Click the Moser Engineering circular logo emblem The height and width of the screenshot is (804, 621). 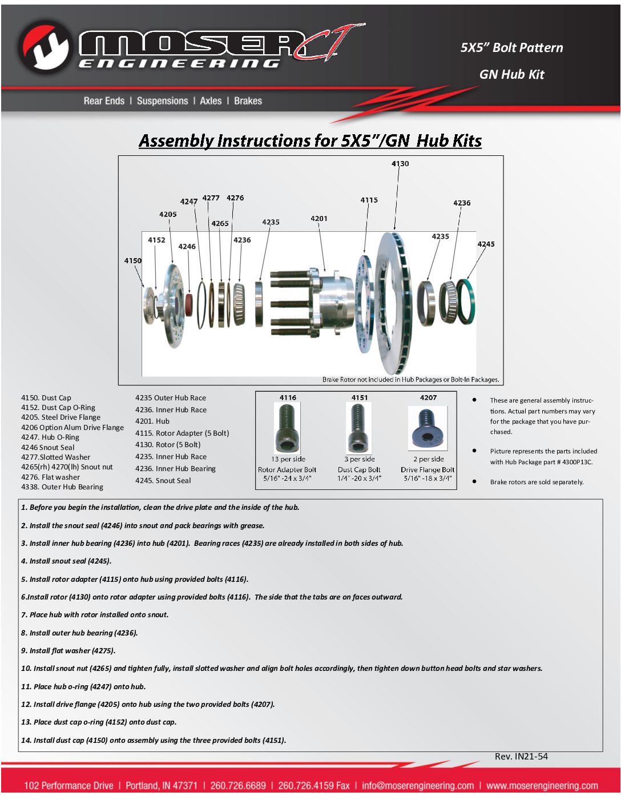point(44,47)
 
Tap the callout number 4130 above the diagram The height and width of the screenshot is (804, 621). point(400,164)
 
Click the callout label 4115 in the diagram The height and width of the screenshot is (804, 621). point(369,200)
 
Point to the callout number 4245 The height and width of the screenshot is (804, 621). point(486,244)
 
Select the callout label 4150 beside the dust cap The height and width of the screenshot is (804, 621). point(133,261)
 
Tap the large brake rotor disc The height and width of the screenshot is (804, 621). point(393,303)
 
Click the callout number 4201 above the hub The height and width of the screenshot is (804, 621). point(319,219)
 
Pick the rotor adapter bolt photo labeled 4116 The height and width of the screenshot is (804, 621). point(287,428)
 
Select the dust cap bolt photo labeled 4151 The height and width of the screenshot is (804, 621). point(358,428)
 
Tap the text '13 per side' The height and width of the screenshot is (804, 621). point(288,459)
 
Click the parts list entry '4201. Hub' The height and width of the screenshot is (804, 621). point(152,421)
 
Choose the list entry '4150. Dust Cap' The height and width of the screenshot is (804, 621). point(46,398)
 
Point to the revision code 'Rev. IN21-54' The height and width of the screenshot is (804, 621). point(521,757)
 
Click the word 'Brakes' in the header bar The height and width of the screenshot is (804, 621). point(248,101)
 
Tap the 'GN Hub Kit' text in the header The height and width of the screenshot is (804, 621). point(512,74)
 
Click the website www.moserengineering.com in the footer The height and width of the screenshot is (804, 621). point(542,786)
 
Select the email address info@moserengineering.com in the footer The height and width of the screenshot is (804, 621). point(418,786)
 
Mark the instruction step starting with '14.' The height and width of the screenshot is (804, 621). point(154,741)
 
